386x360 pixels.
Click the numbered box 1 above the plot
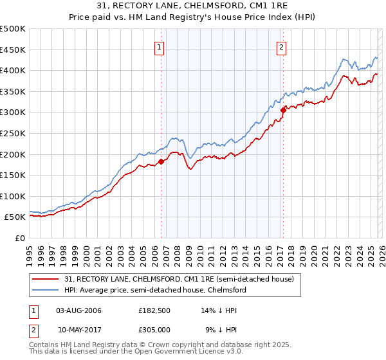point(159,46)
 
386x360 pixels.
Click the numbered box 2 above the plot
point(282,46)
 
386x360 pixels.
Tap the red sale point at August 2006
point(161,161)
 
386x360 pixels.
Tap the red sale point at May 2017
point(282,110)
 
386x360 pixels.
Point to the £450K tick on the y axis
point(13,50)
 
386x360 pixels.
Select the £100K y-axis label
point(13,196)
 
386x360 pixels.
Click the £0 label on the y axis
point(20,238)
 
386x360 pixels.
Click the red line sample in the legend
point(47,279)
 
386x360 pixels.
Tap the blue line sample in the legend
point(47,290)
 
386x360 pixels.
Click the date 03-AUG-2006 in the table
point(78,310)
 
